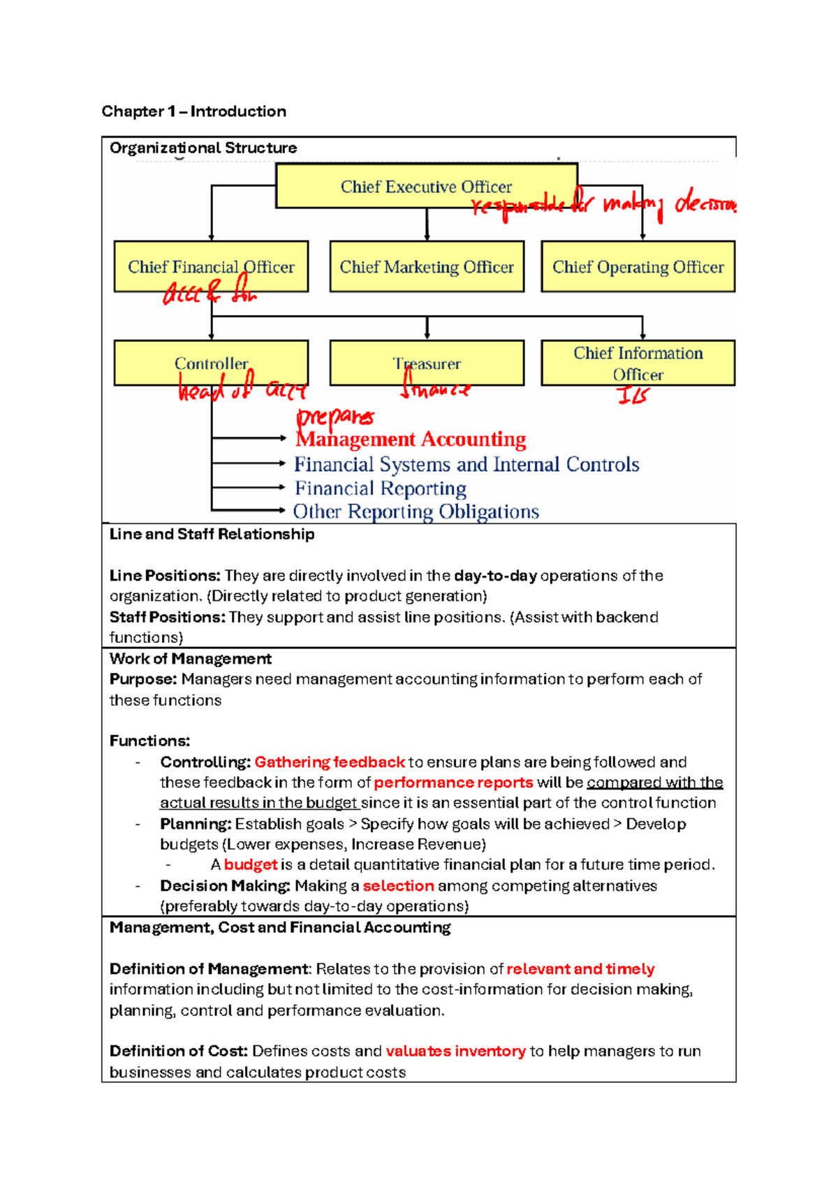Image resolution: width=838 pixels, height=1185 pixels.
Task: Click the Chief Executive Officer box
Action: (426, 186)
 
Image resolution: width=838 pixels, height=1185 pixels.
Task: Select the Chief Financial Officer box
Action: (211, 266)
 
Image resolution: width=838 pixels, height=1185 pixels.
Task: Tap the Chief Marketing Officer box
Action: (427, 266)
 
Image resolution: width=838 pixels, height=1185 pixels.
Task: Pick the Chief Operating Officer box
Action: (638, 266)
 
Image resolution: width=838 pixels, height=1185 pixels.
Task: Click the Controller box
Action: (211, 363)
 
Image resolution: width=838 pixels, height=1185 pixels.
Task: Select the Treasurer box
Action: (427, 363)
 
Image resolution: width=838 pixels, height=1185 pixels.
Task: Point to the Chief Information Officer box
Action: (638, 363)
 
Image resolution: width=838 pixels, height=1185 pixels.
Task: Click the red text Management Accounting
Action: (411, 439)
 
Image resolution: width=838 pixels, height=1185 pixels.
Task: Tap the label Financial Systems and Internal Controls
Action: (466, 465)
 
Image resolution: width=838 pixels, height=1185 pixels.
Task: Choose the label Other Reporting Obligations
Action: (416, 512)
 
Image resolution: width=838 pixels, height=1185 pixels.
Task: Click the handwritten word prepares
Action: (335, 417)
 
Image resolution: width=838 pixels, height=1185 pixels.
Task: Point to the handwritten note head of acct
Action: (242, 389)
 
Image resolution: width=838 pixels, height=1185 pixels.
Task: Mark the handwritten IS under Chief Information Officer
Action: (633, 396)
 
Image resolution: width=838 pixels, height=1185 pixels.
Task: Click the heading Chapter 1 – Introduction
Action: (193, 111)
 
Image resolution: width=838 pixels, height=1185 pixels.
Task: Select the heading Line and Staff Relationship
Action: (212, 534)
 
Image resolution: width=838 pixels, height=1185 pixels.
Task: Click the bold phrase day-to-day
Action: (495, 576)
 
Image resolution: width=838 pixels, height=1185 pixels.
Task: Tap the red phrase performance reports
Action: (453, 783)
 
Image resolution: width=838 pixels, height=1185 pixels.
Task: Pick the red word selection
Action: (398, 886)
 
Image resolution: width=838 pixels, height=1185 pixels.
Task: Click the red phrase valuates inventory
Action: (455, 1052)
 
